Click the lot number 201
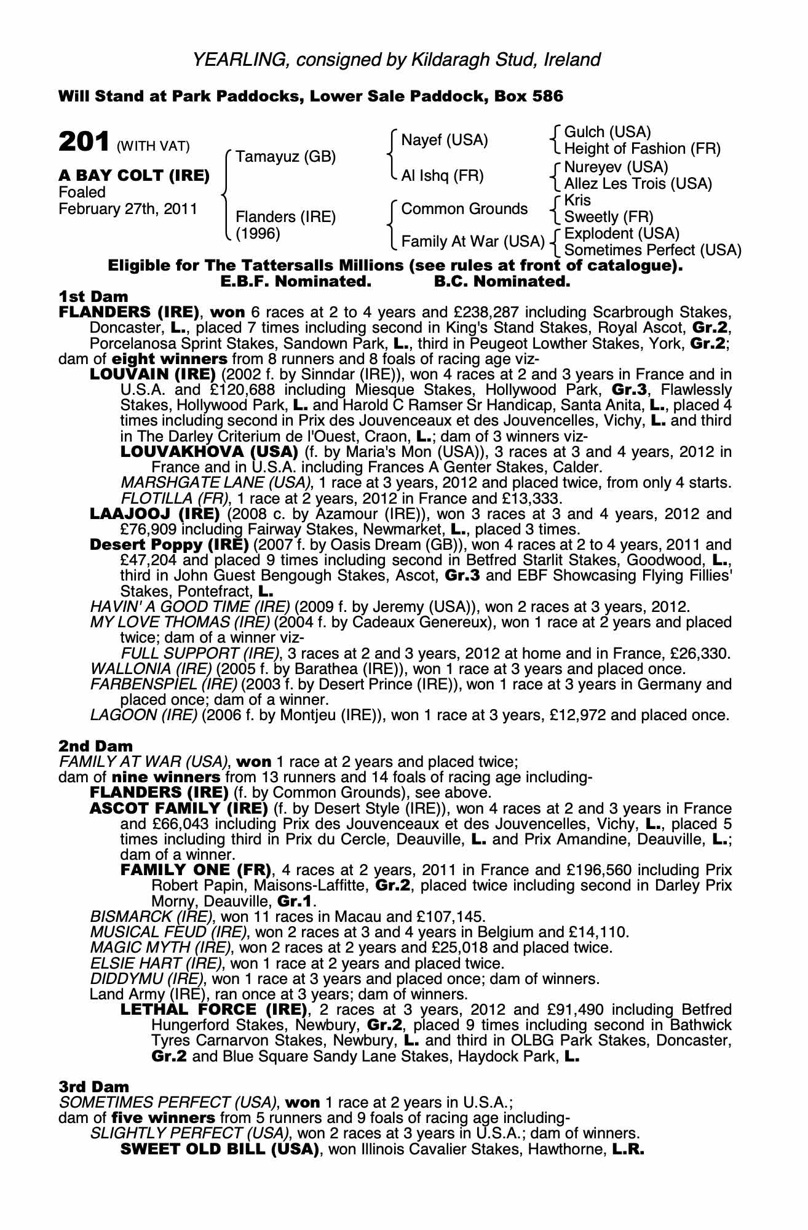click(x=84, y=142)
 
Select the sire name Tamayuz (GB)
click(x=286, y=157)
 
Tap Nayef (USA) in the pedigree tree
click(x=445, y=140)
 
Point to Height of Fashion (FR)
click(x=642, y=149)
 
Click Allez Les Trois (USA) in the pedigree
click(x=638, y=183)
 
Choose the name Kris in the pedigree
click(x=577, y=200)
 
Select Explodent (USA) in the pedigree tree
click(x=622, y=234)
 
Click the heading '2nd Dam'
click(x=95, y=746)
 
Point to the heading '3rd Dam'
click(x=94, y=1087)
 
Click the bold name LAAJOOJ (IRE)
click(x=155, y=514)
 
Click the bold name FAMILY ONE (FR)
click(x=196, y=870)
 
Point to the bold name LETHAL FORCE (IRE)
click(x=213, y=1010)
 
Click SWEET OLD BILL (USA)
click(x=220, y=1149)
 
